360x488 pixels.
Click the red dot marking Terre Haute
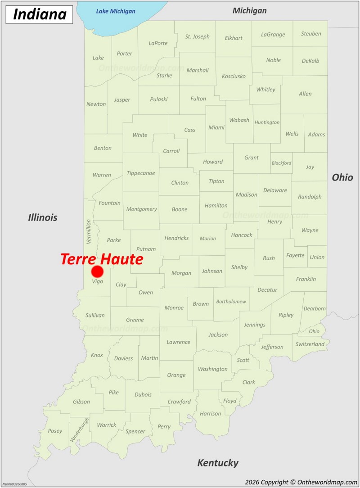pos(97,271)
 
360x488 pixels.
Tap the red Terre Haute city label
pos(102,259)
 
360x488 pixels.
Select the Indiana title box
pos(40,14)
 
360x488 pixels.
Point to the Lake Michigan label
pos(116,11)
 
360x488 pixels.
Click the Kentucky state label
pos(218,462)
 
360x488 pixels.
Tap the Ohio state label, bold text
pos(342,177)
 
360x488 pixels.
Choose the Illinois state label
pos(43,217)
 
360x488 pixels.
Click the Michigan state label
pos(249,10)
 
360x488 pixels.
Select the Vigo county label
pos(97,281)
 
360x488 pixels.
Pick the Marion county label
pos(208,239)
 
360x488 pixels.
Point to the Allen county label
pos(305,94)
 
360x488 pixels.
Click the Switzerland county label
pos(310,344)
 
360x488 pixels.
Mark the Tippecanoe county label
pos(141,173)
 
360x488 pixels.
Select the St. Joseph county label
pos(197,36)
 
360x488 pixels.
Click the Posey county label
pos(55,431)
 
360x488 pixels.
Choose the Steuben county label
pos(311,34)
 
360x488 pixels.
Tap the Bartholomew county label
pos(231,302)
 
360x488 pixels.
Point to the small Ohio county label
pos(314,331)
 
